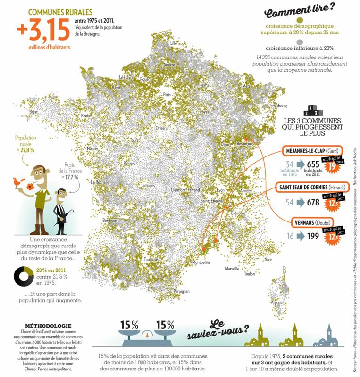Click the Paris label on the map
(167, 94)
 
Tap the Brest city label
(33, 112)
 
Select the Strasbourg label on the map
(278, 106)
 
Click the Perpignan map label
(181, 292)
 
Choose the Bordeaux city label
(109, 220)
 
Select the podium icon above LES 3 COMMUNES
(314, 111)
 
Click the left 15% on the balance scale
(128, 325)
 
